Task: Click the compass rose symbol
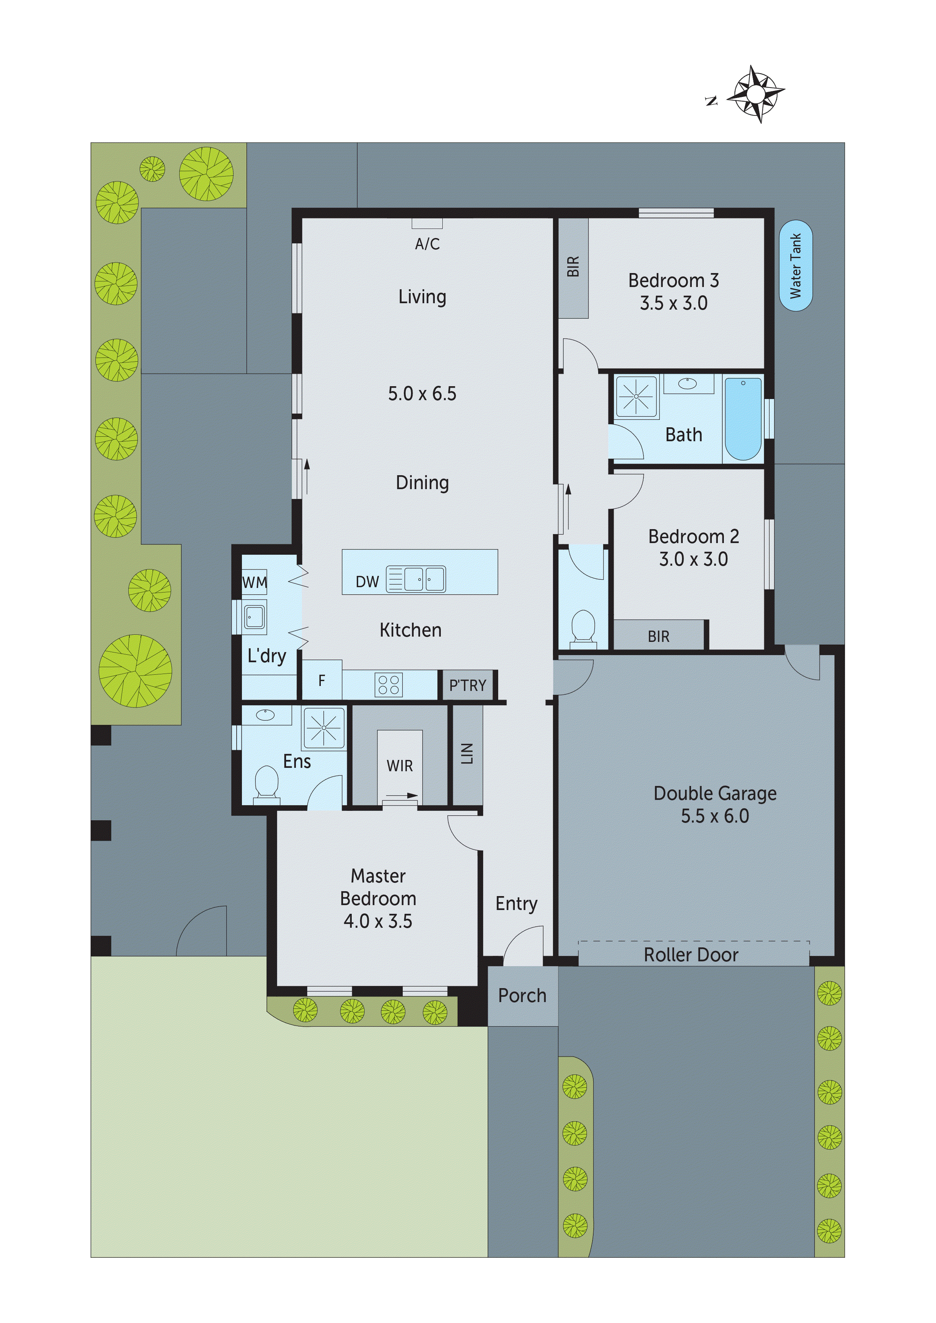point(756,94)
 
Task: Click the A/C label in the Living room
point(427,244)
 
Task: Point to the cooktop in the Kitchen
point(388,685)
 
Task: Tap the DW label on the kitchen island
point(367,582)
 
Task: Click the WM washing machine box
point(254,583)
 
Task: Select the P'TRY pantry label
point(468,686)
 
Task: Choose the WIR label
point(400,766)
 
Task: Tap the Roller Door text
point(691,955)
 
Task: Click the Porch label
point(522,995)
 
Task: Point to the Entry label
point(516,904)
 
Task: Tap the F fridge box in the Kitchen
point(322,680)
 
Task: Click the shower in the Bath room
point(636,396)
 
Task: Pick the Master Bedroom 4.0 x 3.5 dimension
point(378,921)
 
